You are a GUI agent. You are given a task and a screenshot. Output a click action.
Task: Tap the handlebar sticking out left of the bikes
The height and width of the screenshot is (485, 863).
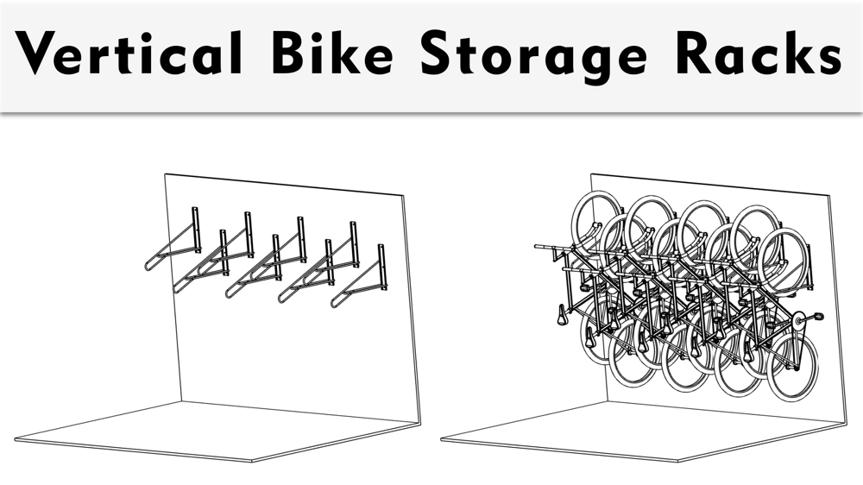click(544, 247)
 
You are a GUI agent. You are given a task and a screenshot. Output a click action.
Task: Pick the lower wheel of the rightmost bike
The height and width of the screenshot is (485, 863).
click(791, 367)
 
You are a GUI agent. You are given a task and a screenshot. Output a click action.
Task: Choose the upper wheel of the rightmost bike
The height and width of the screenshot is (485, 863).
click(781, 255)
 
